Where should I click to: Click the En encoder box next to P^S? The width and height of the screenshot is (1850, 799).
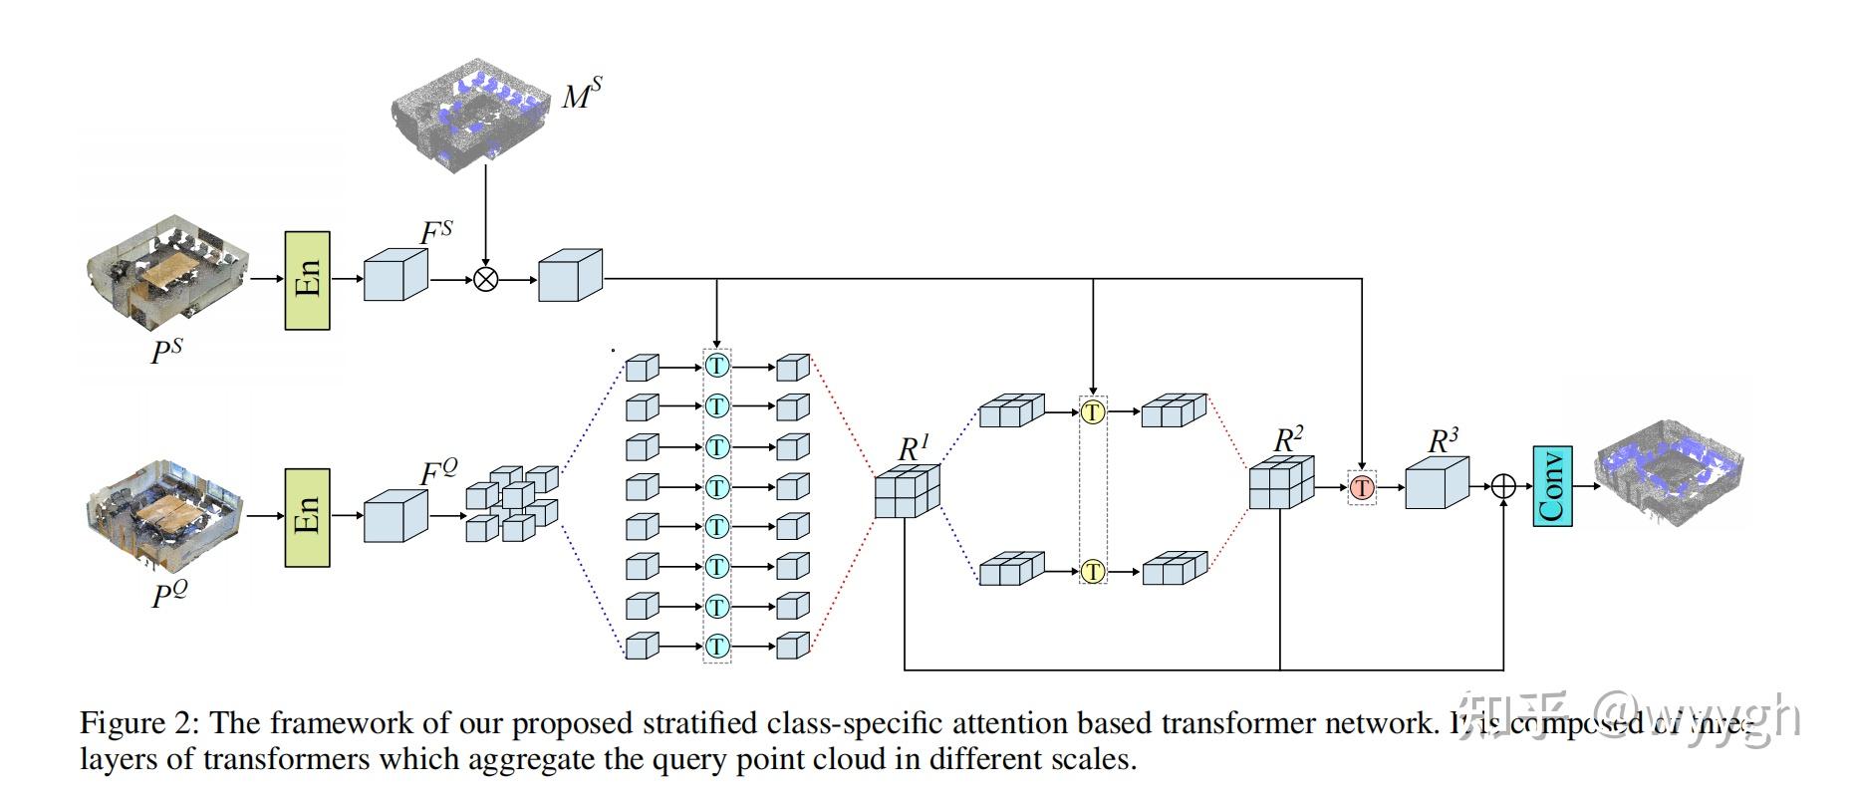307,280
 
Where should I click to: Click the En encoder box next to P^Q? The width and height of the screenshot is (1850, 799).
307,516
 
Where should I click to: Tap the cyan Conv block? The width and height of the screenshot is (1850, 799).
1551,486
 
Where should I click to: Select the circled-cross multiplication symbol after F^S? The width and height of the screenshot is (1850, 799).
485,279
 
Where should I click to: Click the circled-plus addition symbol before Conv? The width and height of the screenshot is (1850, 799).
1503,486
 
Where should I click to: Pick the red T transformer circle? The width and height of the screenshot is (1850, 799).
1362,487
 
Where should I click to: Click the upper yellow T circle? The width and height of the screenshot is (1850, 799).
1093,411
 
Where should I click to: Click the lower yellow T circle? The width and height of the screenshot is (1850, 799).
1093,572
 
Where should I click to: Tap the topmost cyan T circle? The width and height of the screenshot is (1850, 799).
716,366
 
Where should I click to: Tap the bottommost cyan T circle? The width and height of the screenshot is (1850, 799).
716,646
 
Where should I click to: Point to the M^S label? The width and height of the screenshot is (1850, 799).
581,95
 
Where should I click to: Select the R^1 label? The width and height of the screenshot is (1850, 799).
913,448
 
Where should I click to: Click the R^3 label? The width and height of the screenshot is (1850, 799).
1443,439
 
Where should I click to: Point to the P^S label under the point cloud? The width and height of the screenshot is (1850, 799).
166,351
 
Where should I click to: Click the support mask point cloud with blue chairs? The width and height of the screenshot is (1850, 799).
468,115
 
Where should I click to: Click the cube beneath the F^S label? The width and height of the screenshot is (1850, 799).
395,274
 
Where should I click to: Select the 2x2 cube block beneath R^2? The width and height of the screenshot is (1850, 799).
1282,485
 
